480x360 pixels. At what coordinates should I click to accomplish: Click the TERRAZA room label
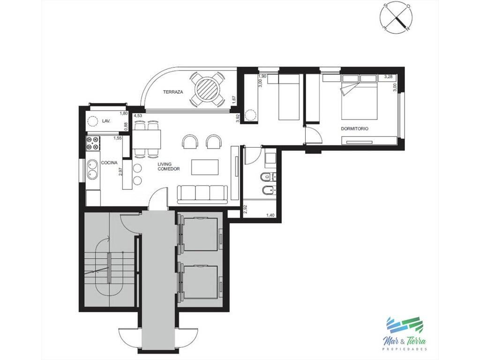tap(173, 92)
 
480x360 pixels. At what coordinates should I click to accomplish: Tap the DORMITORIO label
tap(354, 129)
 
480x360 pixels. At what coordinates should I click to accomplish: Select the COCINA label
tap(109, 163)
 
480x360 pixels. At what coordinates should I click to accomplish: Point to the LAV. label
tap(106, 121)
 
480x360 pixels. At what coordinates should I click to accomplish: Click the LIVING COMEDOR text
tap(168, 166)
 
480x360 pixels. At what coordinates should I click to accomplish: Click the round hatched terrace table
tap(208, 90)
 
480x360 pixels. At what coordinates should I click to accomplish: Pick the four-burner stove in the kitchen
tap(93, 143)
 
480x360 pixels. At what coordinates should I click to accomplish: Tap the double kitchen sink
tap(93, 169)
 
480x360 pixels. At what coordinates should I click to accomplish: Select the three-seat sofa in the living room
tap(202, 194)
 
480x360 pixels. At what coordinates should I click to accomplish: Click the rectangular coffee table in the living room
tap(205, 167)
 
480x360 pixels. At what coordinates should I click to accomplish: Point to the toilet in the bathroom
tap(266, 177)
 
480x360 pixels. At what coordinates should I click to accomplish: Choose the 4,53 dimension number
tap(138, 115)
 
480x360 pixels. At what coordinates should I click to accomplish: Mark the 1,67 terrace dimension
tap(234, 100)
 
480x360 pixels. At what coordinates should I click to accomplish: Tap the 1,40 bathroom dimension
tap(270, 215)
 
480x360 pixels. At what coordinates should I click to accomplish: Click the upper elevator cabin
tap(201, 230)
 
